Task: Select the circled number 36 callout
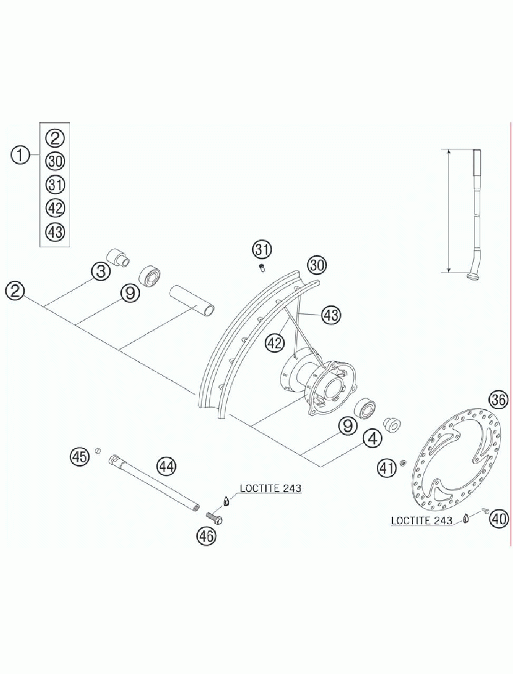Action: pyautogui.click(x=498, y=399)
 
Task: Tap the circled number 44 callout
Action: pyautogui.click(x=167, y=466)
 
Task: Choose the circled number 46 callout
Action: pyautogui.click(x=206, y=536)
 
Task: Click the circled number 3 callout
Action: pyautogui.click(x=100, y=272)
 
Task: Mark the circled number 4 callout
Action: pyautogui.click(x=373, y=438)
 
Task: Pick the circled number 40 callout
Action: pyautogui.click(x=498, y=518)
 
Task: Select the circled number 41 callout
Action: pyautogui.click(x=387, y=467)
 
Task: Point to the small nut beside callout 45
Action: pyautogui.click(x=98, y=450)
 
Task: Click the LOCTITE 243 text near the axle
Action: pyautogui.click(x=270, y=488)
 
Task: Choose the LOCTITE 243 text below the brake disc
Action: pyautogui.click(x=422, y=521)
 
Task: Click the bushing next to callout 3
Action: pyautogui.click(x=118, y=257)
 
